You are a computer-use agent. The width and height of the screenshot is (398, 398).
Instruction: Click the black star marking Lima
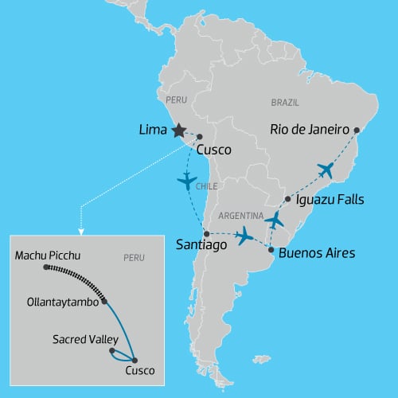[x=178, y=131]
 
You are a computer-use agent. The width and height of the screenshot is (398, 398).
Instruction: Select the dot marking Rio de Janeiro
[x=357, y=130]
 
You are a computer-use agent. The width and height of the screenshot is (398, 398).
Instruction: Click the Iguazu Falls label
[x=329, y=200]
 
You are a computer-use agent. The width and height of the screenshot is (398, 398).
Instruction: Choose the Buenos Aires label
[x=317, y=254]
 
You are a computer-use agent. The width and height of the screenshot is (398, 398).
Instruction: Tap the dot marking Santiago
[x=206, y=233]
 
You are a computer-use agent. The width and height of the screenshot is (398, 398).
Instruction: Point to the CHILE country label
[x=206, y=187]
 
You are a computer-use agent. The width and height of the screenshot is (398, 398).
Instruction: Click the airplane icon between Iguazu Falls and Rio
[x=326, y=170]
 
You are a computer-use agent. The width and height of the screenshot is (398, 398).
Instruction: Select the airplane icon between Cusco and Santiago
[x=187, y=181]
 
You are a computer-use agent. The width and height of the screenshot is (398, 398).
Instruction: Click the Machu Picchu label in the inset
[x=48, y=256]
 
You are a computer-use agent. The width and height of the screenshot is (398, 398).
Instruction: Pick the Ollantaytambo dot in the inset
[x=104, y=302]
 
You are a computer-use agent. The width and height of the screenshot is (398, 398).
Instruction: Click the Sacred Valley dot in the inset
[x=111, y=349]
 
